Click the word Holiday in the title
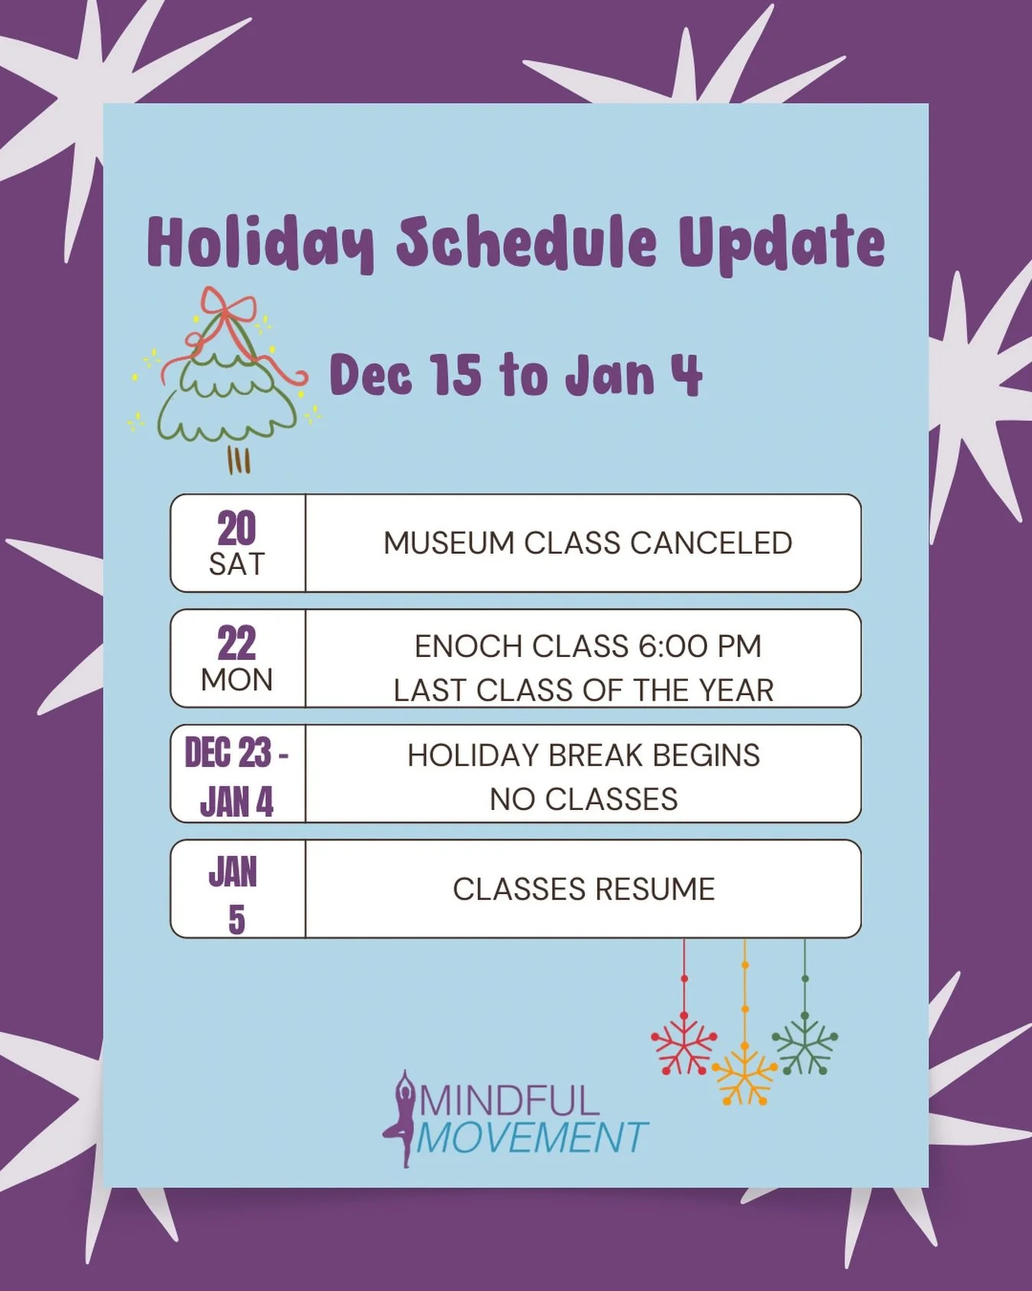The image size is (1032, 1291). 260,243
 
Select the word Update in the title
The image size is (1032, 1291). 781,243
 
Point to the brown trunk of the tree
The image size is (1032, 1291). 239,460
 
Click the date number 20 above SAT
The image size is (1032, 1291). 236,528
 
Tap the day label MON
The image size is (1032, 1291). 237,680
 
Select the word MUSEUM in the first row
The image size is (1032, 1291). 449,543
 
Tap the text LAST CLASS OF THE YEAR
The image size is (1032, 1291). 583,690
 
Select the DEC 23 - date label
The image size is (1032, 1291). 236,753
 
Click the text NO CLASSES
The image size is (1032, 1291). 583,799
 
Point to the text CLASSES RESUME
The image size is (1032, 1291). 583,889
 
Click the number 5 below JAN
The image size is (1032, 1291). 237,920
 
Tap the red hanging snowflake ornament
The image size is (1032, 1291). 683,1044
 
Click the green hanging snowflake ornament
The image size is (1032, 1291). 805,1044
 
